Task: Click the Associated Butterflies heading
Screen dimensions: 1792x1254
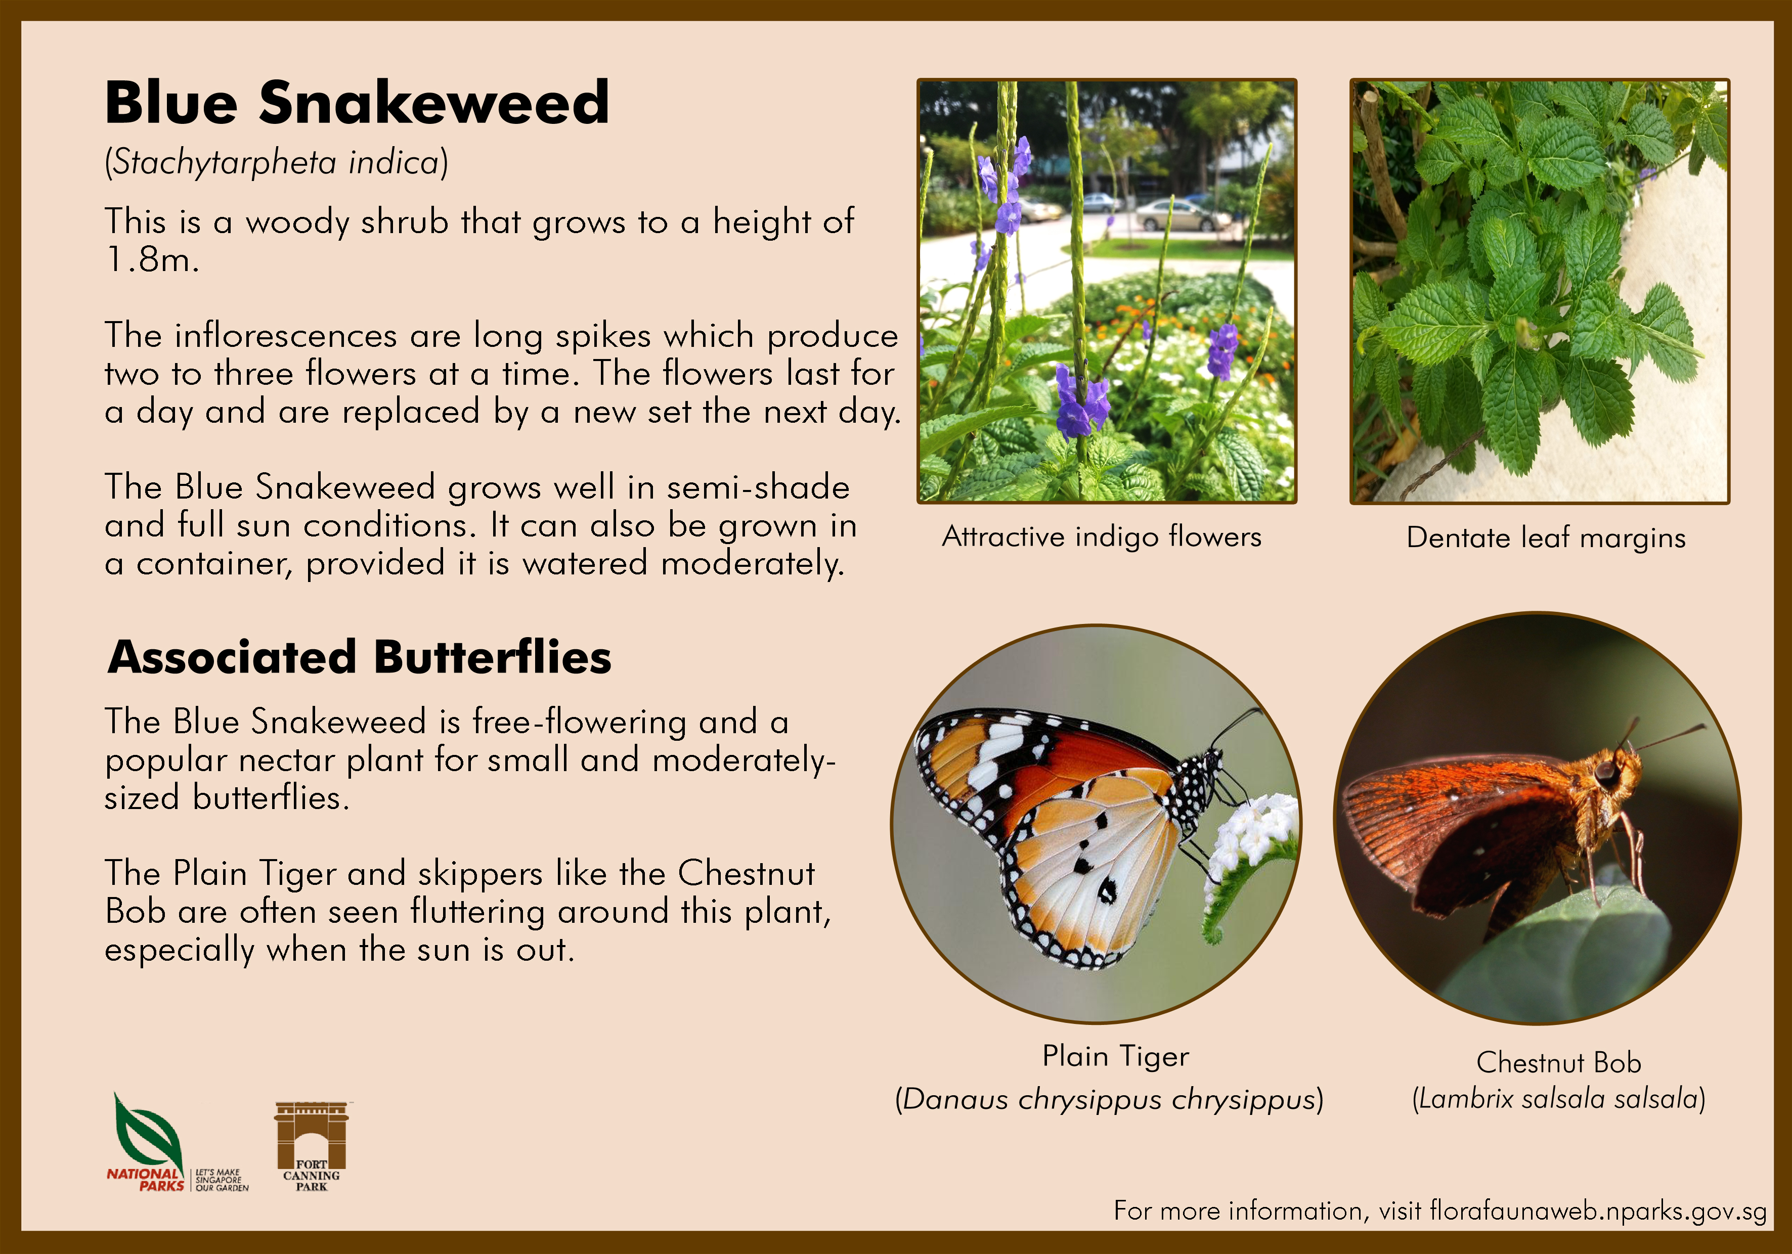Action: [x=360, y=657]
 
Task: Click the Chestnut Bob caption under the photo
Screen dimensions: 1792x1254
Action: [x=1559, y=1062]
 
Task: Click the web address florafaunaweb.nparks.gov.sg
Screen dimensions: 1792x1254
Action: [x=1598, y=1211]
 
